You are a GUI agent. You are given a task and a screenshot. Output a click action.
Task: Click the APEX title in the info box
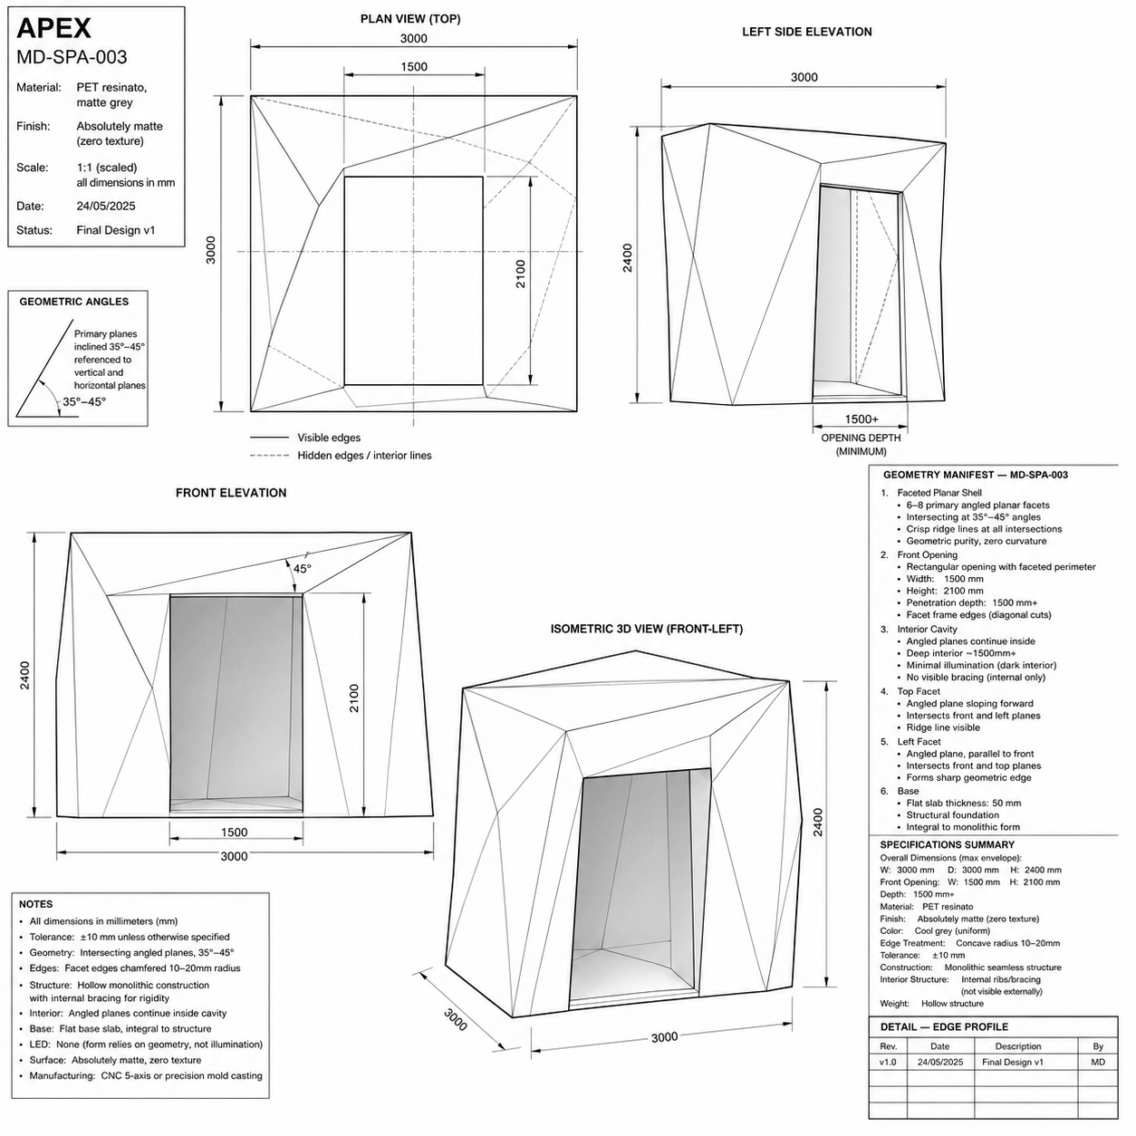(53, 28)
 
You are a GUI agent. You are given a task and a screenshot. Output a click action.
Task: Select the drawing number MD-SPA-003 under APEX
(72, 57)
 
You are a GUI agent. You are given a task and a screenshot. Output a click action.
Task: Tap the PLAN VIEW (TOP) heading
(410, 19)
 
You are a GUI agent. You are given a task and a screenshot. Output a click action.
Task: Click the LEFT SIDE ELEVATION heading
(806, 32)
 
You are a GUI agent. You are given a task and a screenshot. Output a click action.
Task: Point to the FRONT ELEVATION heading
(231, 493)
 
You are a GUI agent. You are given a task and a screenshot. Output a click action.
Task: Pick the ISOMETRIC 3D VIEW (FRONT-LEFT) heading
(647, 629)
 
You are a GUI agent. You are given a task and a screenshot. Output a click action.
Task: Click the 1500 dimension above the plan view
(414, 67)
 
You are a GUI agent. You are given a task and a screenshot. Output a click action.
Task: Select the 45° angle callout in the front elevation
(302, 569)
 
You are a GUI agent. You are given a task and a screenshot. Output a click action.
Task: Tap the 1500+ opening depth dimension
(862, 419)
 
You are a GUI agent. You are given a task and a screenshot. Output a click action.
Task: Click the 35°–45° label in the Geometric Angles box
(84, 402)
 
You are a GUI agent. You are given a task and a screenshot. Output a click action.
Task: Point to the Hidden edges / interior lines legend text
(364, 456)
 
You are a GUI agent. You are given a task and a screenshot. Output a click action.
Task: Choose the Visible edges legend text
(329, 438)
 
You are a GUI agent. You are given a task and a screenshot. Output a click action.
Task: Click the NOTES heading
(35, 904)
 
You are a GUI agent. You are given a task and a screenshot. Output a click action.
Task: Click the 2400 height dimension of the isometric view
(818, 823)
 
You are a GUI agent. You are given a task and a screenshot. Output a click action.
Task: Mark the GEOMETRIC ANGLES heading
(73, 302)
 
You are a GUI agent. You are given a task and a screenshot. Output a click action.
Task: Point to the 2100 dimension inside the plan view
(521, 274)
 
